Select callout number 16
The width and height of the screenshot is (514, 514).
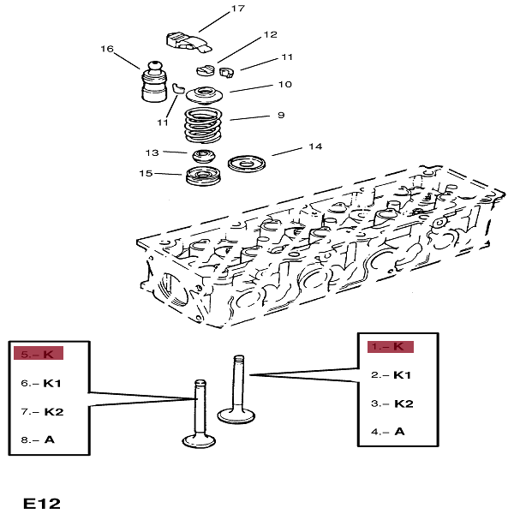click(107, 49)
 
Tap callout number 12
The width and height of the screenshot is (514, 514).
click(271, 35)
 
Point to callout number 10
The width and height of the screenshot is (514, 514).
click(284, 84)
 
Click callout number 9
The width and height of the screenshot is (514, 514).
click(280, 115)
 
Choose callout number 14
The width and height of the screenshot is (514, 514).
click(315, 146)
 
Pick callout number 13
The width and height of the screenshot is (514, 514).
click(152, 152)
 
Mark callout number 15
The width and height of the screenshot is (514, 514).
click(146, 174)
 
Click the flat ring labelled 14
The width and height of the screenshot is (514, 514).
click(249, 163)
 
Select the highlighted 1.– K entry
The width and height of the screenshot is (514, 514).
click(391, 346)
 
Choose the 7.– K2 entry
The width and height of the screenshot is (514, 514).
click(43, 411)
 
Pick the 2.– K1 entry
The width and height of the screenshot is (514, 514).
click(391, 375)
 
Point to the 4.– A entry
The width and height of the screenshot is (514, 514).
click(387, 431)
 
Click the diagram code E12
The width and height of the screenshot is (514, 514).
click(42, 503)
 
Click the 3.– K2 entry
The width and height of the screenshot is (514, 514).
click(392, 403)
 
